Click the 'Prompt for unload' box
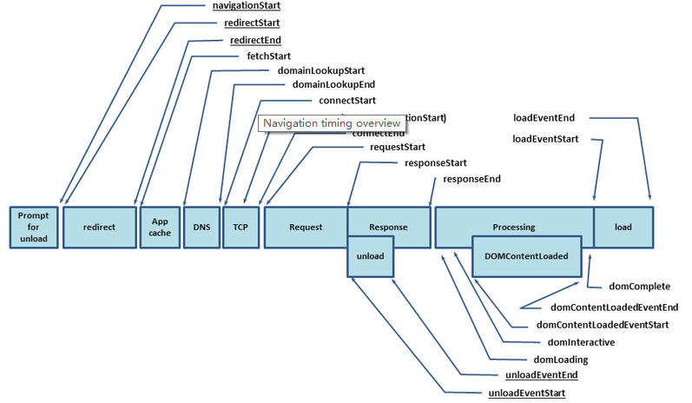[33, 227]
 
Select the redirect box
[99, 227]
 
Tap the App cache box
[160, 227]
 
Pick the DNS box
[201, 227]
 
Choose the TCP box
[241, 227]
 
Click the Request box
[306, 227]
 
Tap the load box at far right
[623, 227]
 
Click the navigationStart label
[246, 6]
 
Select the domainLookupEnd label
[327, 85]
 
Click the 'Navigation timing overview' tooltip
[331, 124]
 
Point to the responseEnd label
[471, 179]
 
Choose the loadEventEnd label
[544, 117]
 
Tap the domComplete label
[639, 286]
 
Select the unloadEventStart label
[529, 393]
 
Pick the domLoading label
[560, 360]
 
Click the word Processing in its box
[514, 227]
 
